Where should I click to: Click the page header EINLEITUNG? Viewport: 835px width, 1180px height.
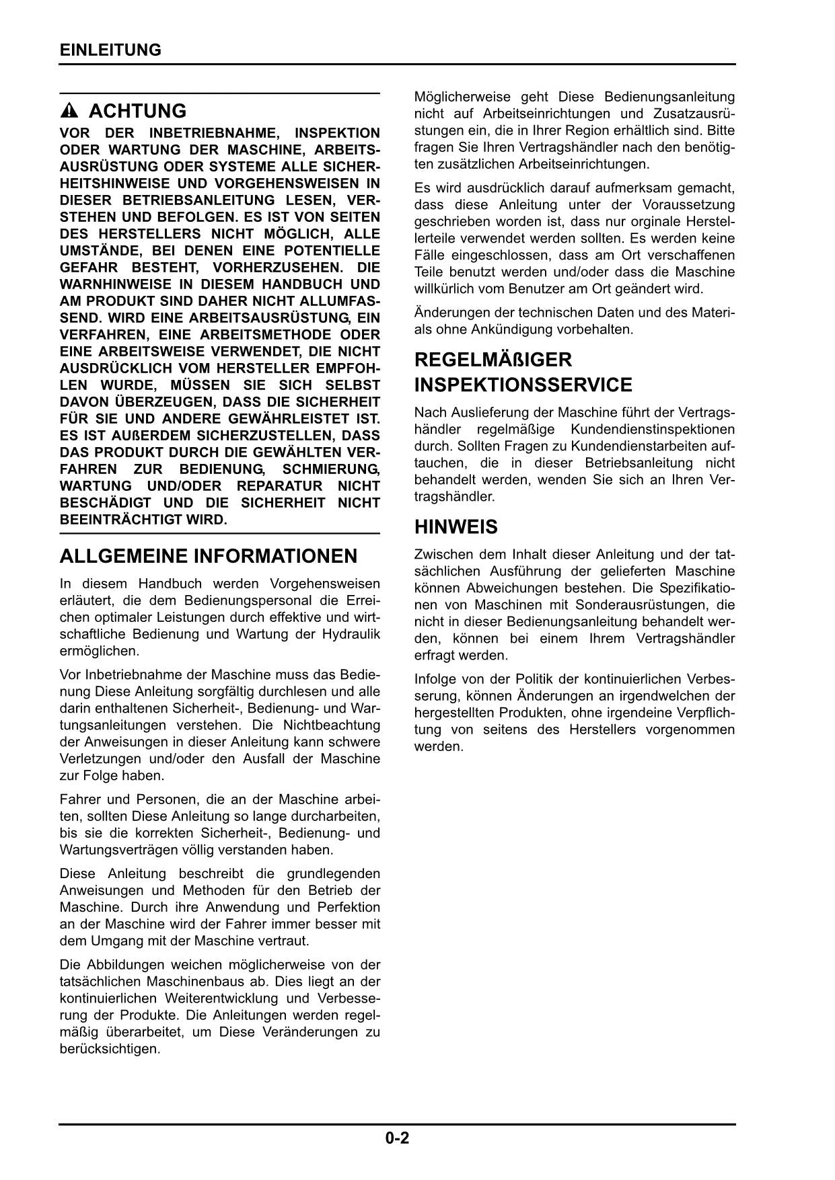pos(110,50)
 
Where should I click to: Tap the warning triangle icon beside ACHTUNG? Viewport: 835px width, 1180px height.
pos(73,111)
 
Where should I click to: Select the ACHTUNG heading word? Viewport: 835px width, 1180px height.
pos(137,111)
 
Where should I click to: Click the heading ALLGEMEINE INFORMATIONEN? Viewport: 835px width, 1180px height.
pos(209,557)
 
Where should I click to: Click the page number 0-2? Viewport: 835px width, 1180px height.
pos(398,1138)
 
